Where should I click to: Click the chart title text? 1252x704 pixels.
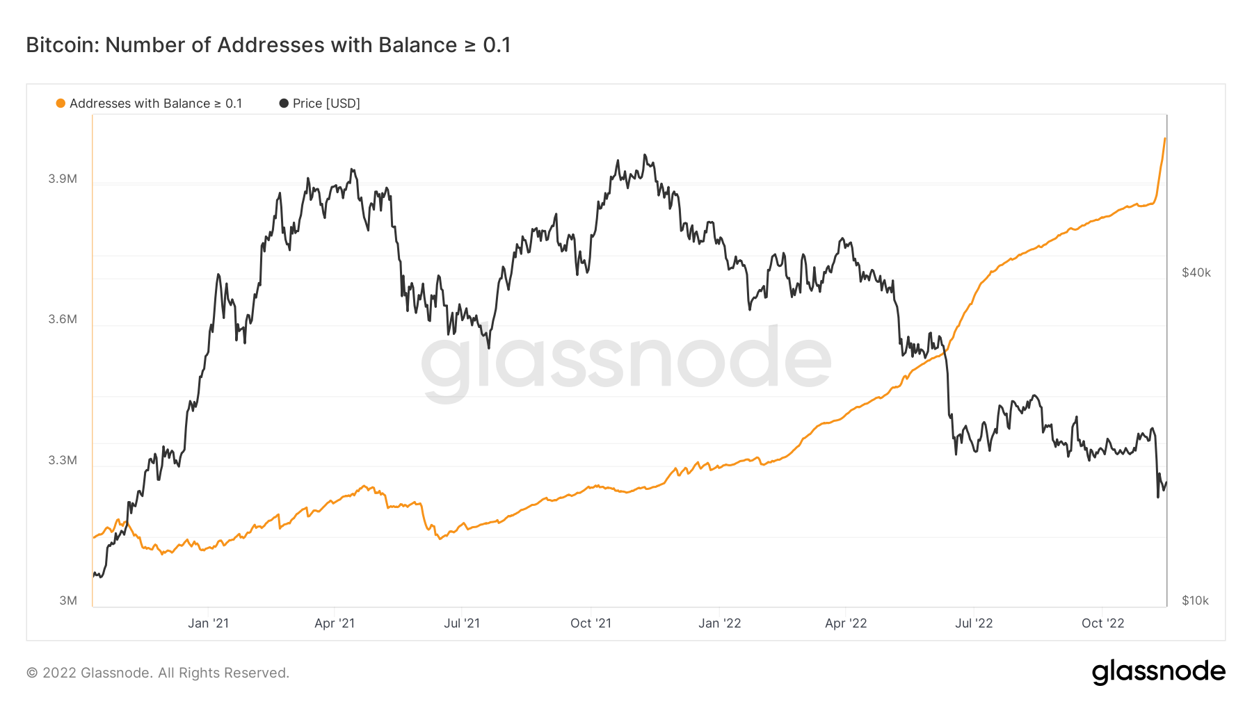(x=268, y=45)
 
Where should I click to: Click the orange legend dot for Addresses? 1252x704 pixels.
(x=61, y=104)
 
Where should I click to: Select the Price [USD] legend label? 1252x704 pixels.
(x=326, y=104)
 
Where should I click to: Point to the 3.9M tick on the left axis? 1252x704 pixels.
(x=63, y=179)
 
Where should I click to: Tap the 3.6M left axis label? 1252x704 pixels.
(x=63, y=319)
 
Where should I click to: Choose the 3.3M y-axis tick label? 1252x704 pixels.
(x=63, y=460)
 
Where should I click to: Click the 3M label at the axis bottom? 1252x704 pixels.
(x=68, y=600)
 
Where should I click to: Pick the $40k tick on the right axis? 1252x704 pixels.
(x=1196, y=272)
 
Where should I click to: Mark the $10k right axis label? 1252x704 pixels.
(x=1195, y=600)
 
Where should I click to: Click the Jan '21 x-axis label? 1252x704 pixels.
(x=208, y=623)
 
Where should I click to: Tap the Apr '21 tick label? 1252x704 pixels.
(x=335, y=623)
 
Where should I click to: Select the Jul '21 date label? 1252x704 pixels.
(x=462, y=623)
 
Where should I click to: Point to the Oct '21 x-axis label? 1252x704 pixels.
(x=591, y=623)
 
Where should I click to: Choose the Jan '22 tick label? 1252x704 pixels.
(x=719, y=623)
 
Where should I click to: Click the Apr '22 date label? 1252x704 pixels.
(x=846, y=623)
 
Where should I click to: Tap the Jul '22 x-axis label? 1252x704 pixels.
(x=974, y=623)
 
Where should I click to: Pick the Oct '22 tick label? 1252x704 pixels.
(x=1102, y=623)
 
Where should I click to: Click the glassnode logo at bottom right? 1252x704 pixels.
(x=1158, y=672)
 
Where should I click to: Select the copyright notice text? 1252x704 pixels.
(x=158, y=673)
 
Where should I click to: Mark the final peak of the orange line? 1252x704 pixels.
(x=1164, y=139)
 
